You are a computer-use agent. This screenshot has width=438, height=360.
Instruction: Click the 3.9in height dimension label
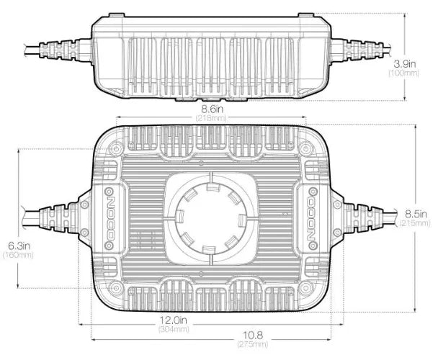click(x=404, y=64)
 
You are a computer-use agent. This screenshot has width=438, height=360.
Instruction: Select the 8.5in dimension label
click(x=416, y=215)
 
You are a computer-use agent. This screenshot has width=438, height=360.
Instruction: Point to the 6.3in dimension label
click(x=19, y=246)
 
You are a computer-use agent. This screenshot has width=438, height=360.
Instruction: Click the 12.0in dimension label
click(x=173, y=320)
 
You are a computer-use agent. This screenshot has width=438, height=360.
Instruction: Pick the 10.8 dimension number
click(x=253, y=335)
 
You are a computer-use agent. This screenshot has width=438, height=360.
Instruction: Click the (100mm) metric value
click(x=404, y=73)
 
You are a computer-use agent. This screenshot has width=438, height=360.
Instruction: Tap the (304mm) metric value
click(x=174, y=329)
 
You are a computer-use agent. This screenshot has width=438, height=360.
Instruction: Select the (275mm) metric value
click(x=253, y=344)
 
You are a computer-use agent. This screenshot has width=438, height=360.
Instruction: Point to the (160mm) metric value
click(x=18, y=255)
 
